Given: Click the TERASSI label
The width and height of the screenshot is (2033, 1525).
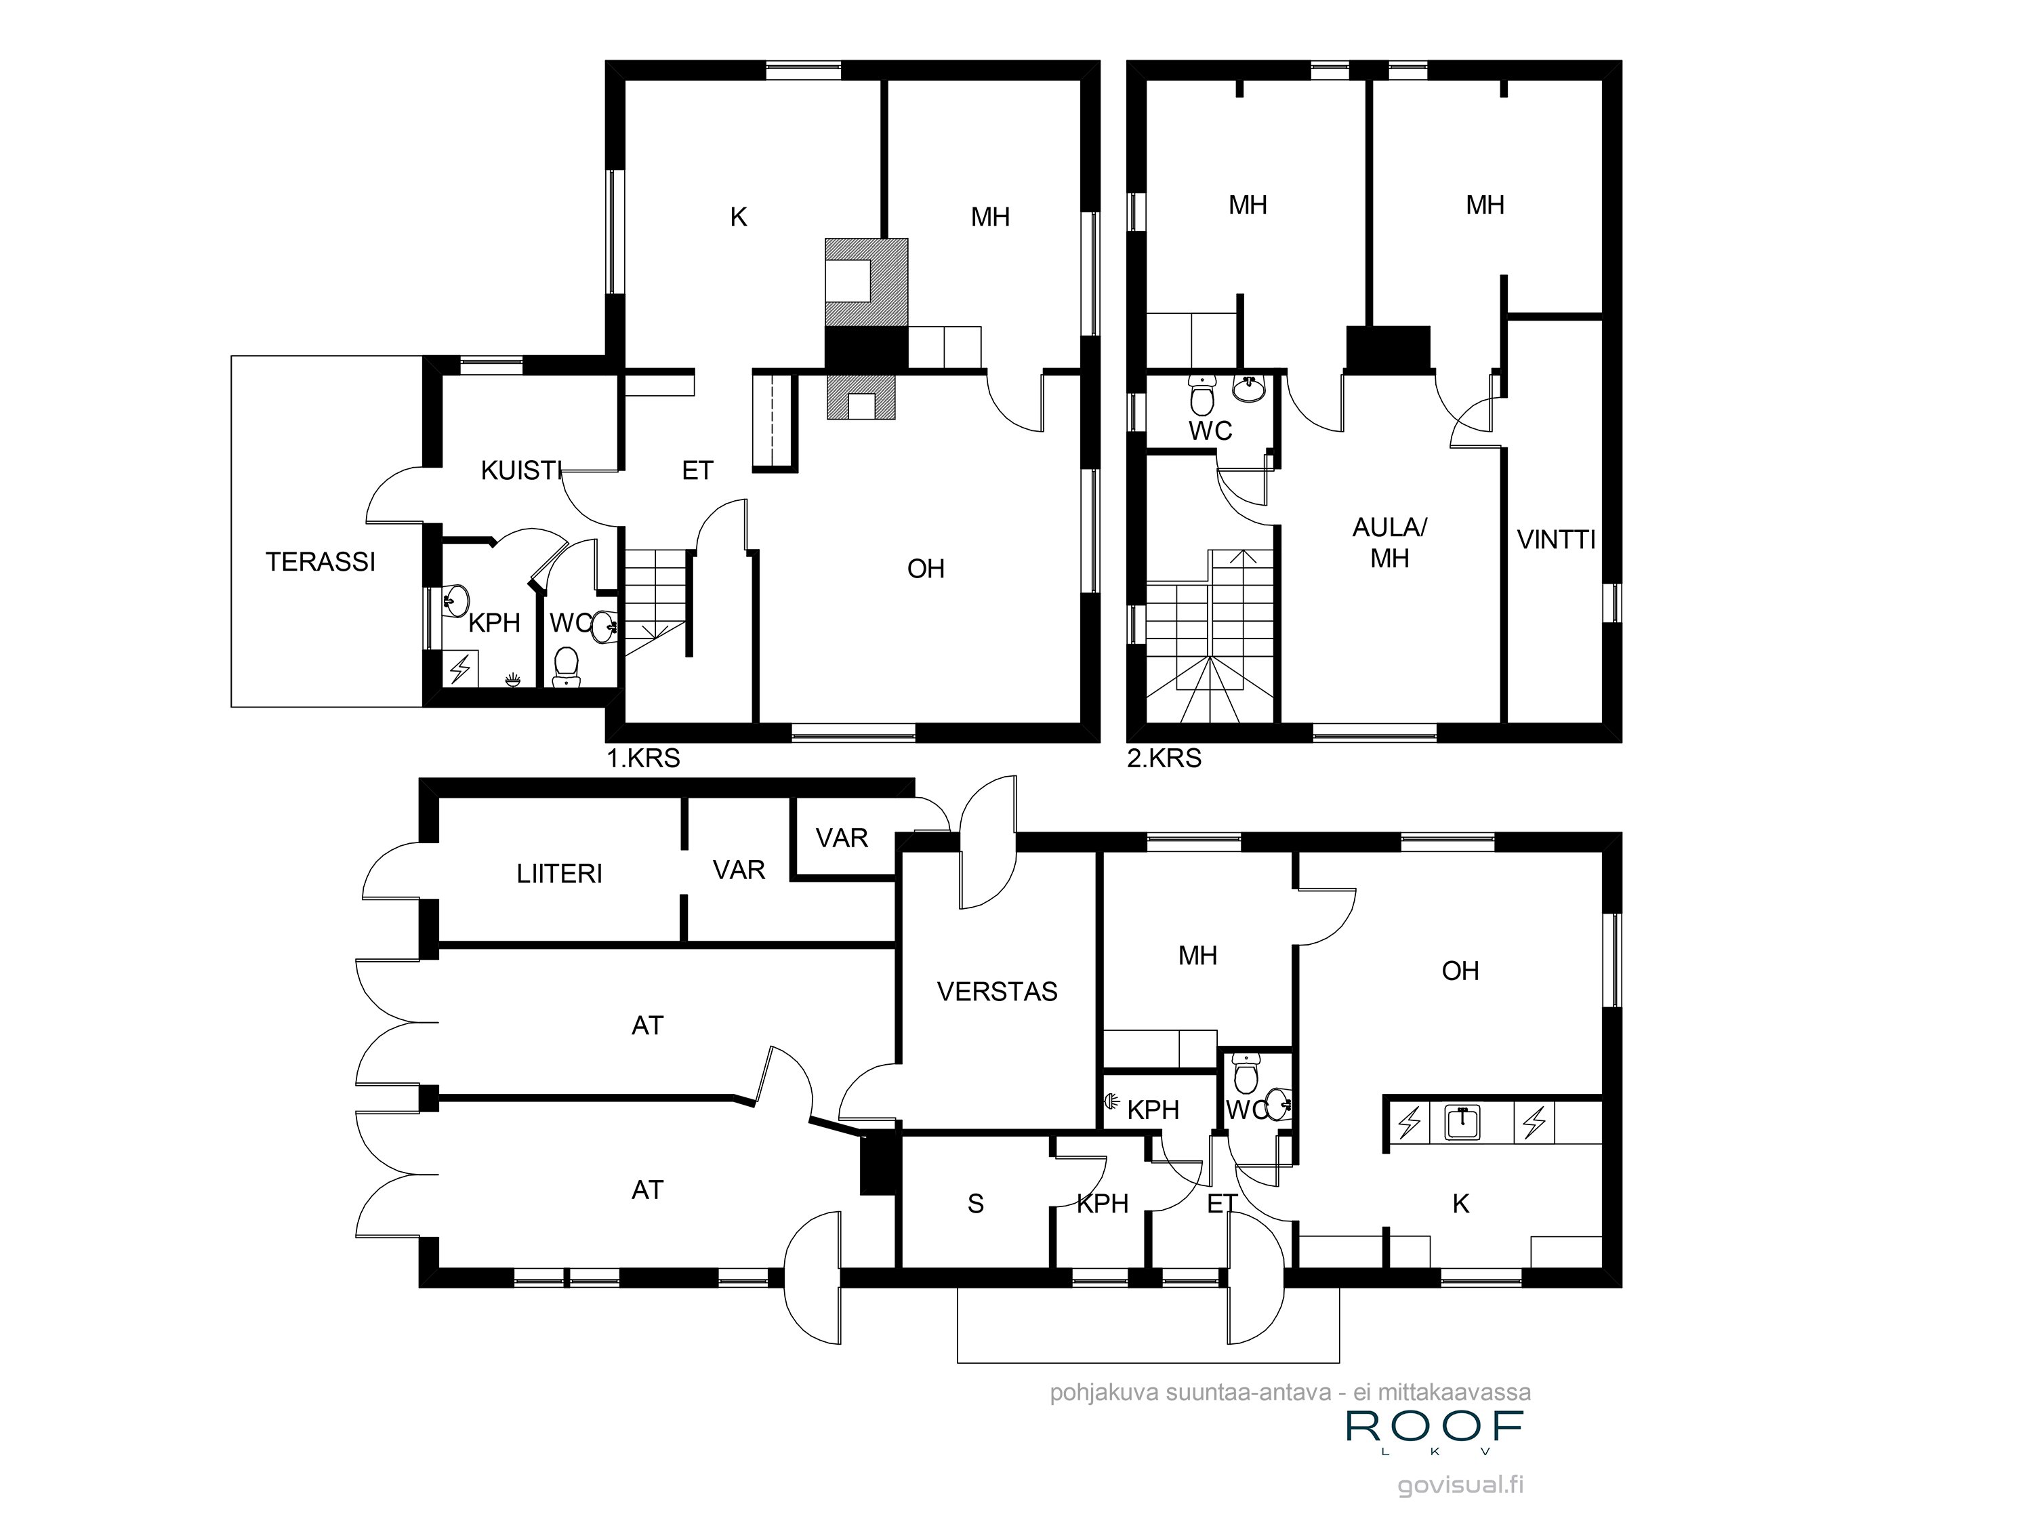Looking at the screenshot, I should click(320, 562).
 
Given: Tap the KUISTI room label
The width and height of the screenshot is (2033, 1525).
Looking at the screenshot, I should click(520, 470).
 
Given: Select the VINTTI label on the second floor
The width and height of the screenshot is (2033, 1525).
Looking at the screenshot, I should click(1555, 540).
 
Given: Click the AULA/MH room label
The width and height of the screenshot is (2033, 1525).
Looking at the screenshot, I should click(1389, 542).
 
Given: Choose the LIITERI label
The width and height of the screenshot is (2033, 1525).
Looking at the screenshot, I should click(559, 873).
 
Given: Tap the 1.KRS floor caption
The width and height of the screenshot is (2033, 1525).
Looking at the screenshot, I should click(642, 758).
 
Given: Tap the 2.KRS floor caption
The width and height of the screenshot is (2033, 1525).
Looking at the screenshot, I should click(1164, 758).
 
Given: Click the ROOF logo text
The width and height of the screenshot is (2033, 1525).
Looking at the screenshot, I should click(1435, 1426).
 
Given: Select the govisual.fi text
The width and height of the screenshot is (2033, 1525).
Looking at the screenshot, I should click(1460, 1484).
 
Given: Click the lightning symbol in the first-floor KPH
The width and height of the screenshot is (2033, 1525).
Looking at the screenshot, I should click(459, 668).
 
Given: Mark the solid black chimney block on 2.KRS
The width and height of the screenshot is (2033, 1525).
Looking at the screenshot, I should click(1388, 348).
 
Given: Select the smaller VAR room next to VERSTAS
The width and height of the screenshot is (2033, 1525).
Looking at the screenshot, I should click(841, 838).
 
